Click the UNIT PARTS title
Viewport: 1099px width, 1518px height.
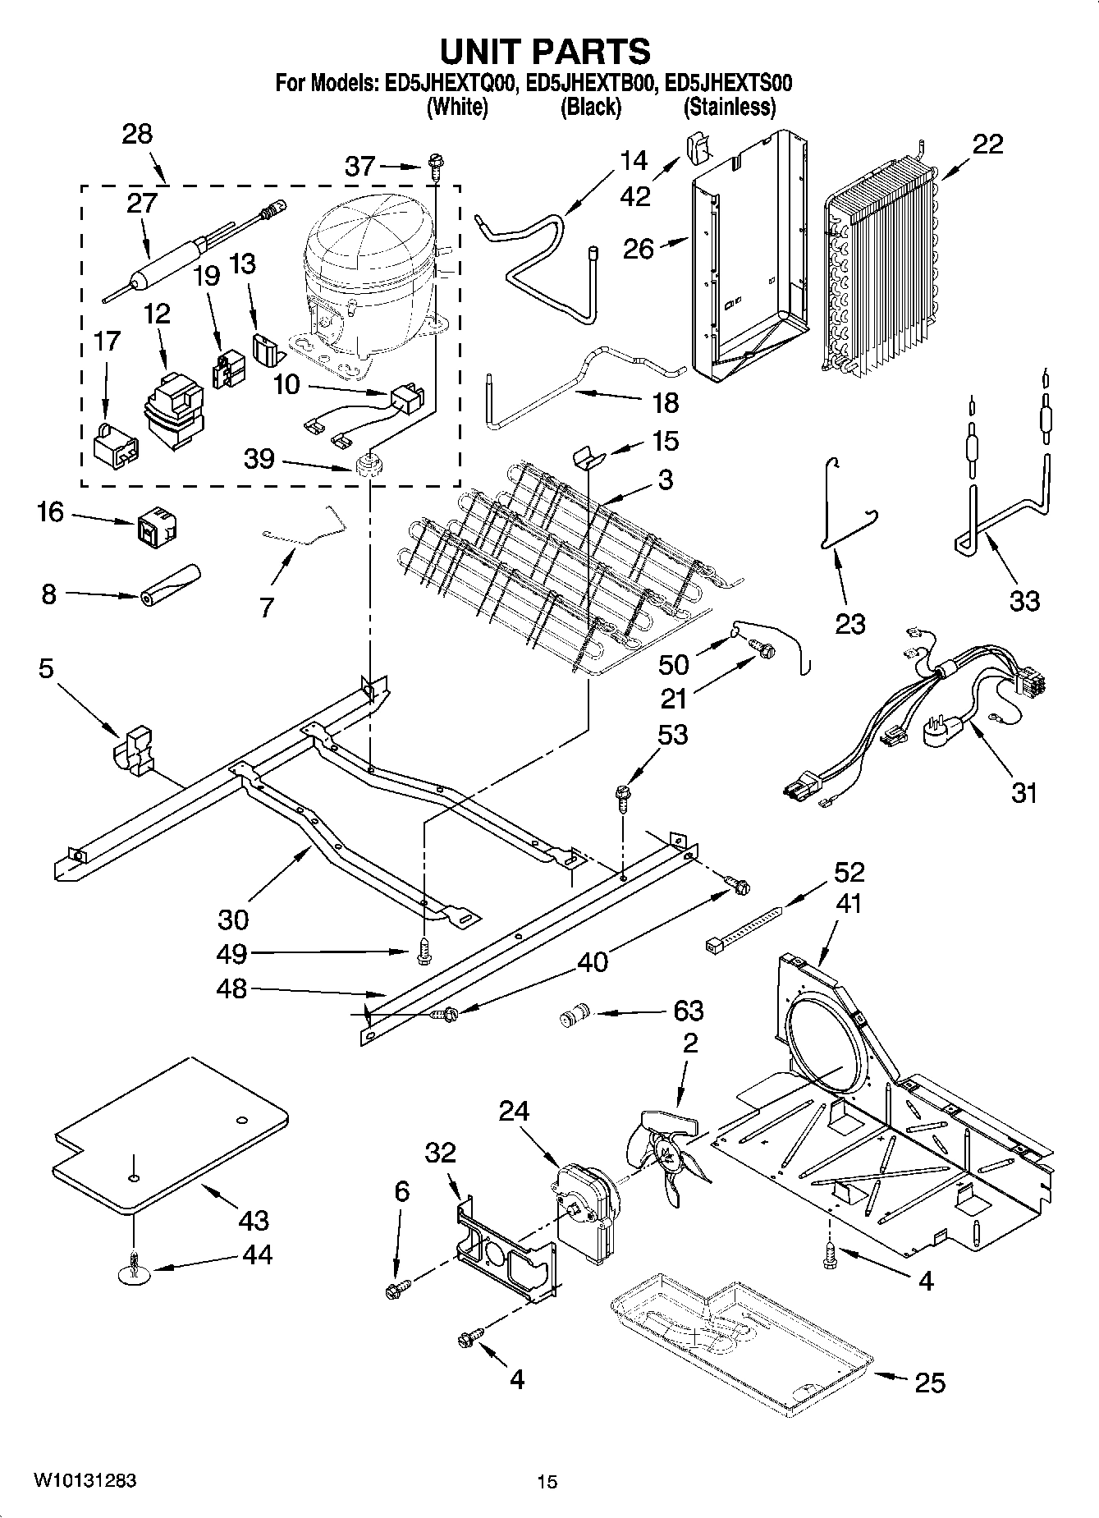[x=545, y=51]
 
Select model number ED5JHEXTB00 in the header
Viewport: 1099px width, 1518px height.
[x=591, y=83]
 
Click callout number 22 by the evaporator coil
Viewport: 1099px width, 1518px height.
[x=987, y=144]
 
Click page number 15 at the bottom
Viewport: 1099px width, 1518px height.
[x=547, y=1481]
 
